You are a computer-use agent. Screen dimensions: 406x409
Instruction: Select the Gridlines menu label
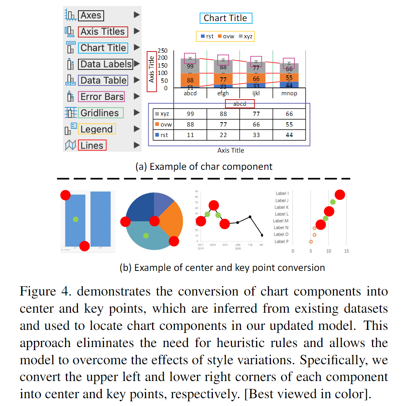[100, 113]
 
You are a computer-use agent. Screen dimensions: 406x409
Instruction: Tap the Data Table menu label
[103, 80]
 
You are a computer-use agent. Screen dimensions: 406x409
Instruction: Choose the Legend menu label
[96, 129]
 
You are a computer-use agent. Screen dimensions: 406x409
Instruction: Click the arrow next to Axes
[136, 15]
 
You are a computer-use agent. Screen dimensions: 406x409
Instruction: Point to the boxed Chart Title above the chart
[225, 18]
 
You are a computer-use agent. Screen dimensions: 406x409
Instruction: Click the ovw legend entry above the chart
[226, 36]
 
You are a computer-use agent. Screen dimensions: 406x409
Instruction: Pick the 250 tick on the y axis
[162, 51]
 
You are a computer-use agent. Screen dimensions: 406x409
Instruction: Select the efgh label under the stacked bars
[223, 93]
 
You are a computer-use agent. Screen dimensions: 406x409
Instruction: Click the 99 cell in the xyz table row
[190, 114]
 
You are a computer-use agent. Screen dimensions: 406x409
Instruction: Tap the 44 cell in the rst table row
[289, 135]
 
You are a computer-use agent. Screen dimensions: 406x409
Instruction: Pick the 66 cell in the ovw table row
[256, 125]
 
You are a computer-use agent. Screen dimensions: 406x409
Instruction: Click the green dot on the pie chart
[146, 235]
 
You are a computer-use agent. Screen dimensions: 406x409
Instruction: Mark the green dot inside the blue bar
[76, 219]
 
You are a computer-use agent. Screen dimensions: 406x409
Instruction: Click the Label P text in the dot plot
[282, 241]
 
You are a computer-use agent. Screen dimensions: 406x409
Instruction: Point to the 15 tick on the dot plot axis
[346, 251]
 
